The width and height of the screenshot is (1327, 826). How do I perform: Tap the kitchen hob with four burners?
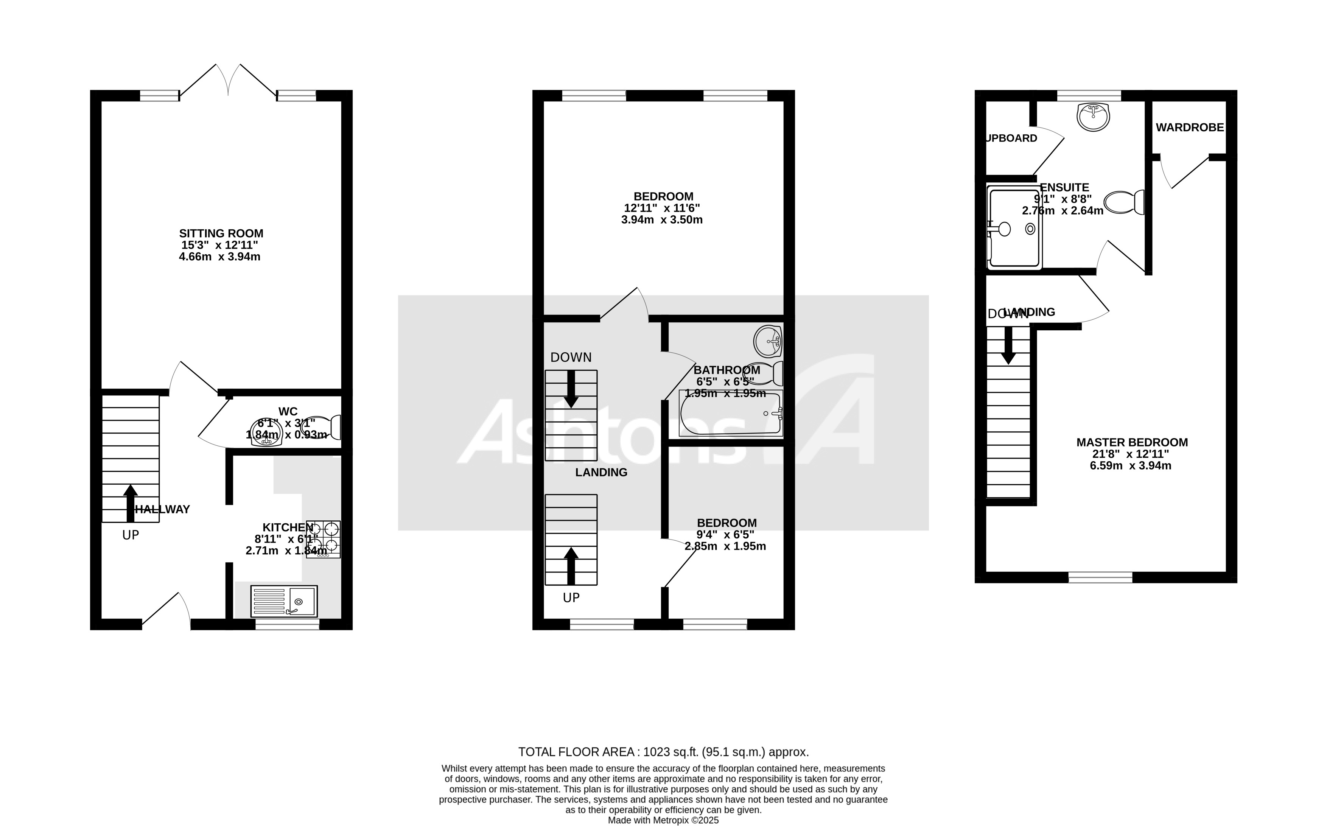coord(324,539)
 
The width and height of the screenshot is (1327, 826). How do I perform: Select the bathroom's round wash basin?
coord(768,341)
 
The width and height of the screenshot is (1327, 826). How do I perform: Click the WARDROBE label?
coord(1189,127)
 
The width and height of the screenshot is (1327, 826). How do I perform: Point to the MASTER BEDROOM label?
coord(1131,442)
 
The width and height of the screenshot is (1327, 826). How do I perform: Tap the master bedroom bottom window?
coord(1100,577)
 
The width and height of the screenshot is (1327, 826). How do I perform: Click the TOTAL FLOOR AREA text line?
coord(663,752)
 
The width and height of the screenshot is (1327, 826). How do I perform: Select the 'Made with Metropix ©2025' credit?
coord(663,820)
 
